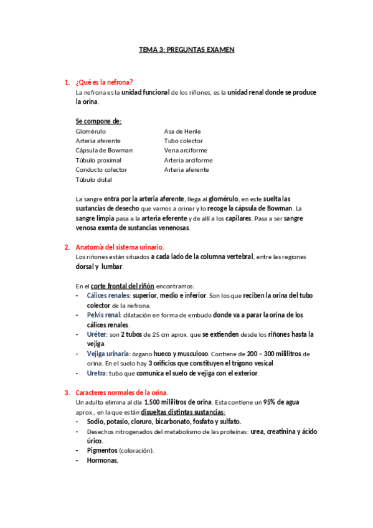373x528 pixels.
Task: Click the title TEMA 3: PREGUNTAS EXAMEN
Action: (186, 49)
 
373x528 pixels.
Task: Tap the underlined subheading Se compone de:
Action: (98, 121)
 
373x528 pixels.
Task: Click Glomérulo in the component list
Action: (91, 131)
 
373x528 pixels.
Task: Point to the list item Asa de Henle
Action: (182, 131)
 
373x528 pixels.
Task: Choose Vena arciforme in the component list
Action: (186, 150)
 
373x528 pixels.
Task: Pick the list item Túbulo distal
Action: (93, 179)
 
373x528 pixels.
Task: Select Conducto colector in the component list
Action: (102, 169)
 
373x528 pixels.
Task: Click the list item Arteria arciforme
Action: (189, 160)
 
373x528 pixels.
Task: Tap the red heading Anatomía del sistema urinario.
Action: (119, 247)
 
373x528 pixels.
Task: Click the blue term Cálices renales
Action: (108, 295)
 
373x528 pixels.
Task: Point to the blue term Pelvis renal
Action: (103, 315)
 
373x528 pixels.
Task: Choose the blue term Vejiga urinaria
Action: (109, 354)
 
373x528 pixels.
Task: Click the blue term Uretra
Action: (97, 374)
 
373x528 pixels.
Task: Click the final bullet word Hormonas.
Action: (102, 461)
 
